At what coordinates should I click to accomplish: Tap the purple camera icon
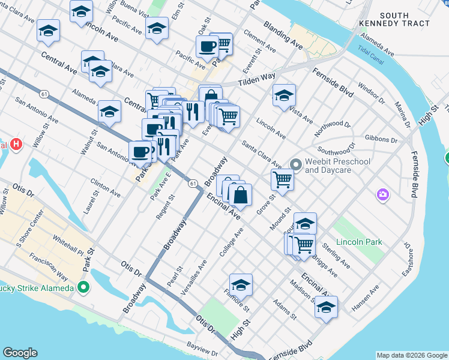tap(382, 194)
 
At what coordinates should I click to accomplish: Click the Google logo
tap(20, 353)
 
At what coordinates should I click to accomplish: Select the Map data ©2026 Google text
tap(411, 355)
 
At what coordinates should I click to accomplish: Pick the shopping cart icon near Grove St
tap(282, 179)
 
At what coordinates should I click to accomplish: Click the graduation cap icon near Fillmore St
tap(241, 284)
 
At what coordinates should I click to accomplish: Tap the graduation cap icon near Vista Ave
tap(284, 95)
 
